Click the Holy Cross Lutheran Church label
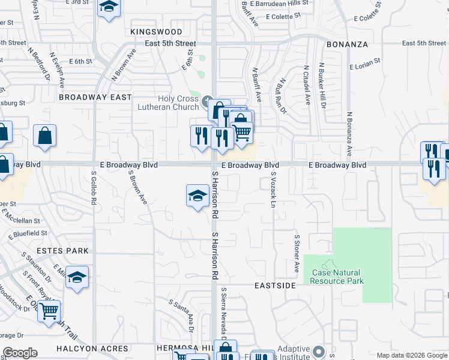(178, 103)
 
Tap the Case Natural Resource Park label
(337, 277)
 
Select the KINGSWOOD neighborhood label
(156, 31)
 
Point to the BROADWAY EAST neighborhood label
(95, 97)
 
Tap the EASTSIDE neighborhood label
(274, 286)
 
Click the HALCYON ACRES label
(92, 349)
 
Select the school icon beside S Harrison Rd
(197, 196)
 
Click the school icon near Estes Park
(77, 277)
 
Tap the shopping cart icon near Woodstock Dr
(49, 311)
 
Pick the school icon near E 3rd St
(108, 7)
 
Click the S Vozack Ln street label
(273, 191)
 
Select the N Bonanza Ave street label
(349, 133)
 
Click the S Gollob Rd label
(94, 188)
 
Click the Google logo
(20, 353)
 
